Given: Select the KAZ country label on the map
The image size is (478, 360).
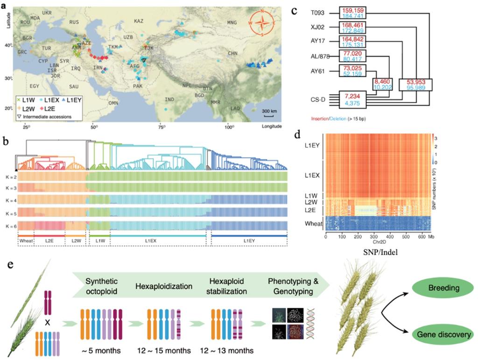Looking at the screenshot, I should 139,21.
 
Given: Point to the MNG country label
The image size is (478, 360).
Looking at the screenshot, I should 232,22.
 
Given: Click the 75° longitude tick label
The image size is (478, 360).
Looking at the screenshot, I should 161,127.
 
